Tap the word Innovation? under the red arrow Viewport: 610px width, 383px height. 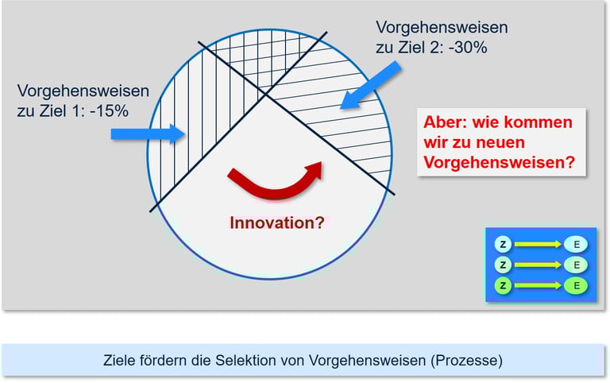pyautogui.click(x=276, y=223)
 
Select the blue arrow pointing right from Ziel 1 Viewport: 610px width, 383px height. pyautogui.click(x=147, y=133)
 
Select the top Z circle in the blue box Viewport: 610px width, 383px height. pyautogui.click(x=503, y=244)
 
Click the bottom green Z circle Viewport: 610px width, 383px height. pyautogui.click(x=503, y=284)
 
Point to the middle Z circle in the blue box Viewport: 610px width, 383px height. pyautogui.click(x=503, y=264)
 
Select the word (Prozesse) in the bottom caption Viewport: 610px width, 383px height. pyautogui.click(x=468, y=360)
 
